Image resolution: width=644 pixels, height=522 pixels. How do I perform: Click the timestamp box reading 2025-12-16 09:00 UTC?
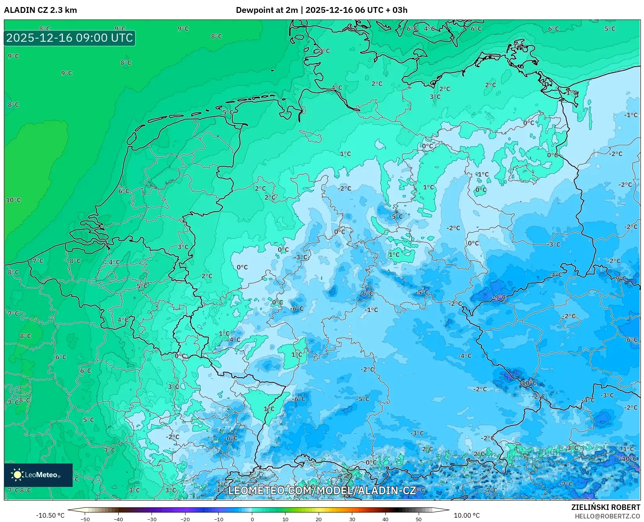(70, 38)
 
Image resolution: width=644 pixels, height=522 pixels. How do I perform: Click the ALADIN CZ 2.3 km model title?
(40, 10)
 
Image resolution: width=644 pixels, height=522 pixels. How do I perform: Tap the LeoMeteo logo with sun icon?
(38, 475)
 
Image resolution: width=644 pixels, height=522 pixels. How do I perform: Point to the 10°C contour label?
(13, 200)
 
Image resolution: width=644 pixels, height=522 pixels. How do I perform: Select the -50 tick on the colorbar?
(85, 519)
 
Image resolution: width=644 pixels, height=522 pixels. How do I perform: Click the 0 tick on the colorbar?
(252, 519)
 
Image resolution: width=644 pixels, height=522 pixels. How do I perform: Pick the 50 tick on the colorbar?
(419, 519)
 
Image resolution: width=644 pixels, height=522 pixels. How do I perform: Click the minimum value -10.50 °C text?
(50, 515)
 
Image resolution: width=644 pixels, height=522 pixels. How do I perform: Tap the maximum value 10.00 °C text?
(467, 515)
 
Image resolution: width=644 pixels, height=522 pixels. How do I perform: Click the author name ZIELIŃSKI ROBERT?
(605, 507)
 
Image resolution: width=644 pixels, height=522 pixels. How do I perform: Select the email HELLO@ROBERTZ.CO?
(607, 516)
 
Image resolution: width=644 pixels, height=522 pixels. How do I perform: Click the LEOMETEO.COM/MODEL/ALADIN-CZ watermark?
(322, 490)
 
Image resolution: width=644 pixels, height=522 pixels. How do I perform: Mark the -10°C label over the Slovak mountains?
(528, 383)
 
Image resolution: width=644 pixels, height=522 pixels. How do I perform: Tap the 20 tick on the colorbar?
(319, 519)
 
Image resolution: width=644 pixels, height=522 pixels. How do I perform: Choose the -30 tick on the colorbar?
(152, 519)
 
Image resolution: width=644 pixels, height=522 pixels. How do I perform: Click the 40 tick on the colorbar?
(385, 519)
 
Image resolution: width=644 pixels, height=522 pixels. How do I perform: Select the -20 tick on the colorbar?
(185, 519)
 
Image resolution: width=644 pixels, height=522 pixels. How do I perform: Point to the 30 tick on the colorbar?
(352, 519)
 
